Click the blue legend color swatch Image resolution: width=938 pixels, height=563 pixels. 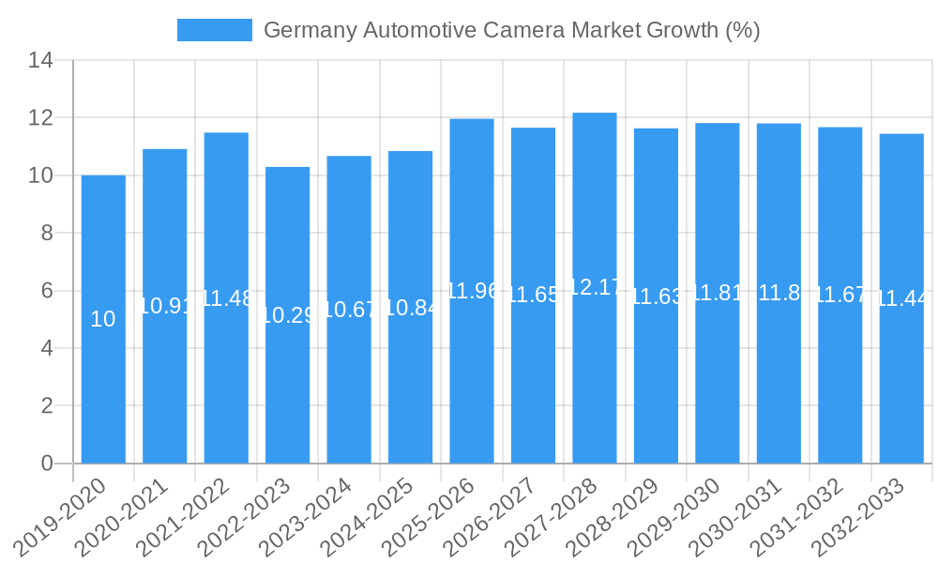215,30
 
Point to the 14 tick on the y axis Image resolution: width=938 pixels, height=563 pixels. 40,61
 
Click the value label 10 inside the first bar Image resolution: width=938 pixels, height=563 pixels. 103,319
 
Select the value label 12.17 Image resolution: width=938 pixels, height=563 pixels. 595,287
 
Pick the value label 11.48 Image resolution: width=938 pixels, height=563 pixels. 226,298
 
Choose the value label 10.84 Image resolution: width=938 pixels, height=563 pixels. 410,308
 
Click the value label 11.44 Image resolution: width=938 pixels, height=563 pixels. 901,298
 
